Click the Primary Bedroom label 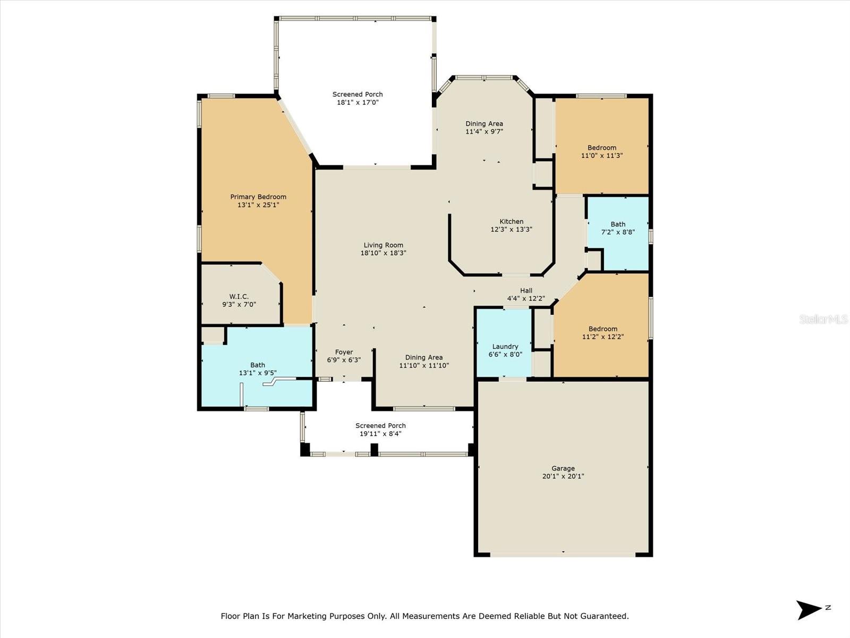pos(258,197)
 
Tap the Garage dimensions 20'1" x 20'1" pos(563,476)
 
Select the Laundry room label pos(505,347)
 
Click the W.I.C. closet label pos(239,297)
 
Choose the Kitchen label pos(511,222)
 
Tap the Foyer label pos(344,352)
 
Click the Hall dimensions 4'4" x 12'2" pos(526,299)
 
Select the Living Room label pos(383,245)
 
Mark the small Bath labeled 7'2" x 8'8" pos(618,228)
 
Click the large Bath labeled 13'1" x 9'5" pos(258,368)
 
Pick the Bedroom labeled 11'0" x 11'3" pos(602,152)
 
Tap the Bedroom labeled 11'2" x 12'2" pos(602,332)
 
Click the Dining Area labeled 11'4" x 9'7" pos(484,128)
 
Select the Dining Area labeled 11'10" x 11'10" pos(423,361)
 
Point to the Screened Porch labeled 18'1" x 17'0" pos(358,98)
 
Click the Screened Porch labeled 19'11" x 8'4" pos(380,430)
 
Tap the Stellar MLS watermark pos(823,319)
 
